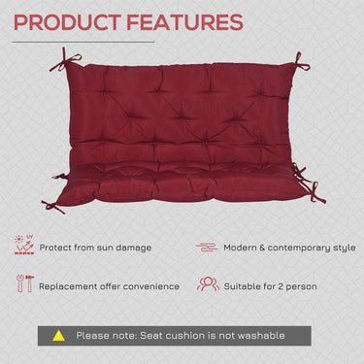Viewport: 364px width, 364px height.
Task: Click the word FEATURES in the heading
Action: click(184, 21)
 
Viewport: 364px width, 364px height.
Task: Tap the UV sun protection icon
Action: click(22, 247)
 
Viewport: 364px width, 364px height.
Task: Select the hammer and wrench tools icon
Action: click(22, 284)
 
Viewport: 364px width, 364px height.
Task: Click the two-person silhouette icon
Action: click(207, 284)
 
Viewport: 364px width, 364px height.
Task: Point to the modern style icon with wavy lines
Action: click(207, 248)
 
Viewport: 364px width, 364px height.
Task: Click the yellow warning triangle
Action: click(58, 335)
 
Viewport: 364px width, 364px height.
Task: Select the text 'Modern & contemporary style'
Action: click(289, 248)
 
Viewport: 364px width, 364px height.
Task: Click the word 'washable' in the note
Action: click(258, 335)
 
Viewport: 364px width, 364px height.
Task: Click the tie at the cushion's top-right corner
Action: click(300, 64)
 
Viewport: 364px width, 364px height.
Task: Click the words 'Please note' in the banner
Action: click(107, 335)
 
